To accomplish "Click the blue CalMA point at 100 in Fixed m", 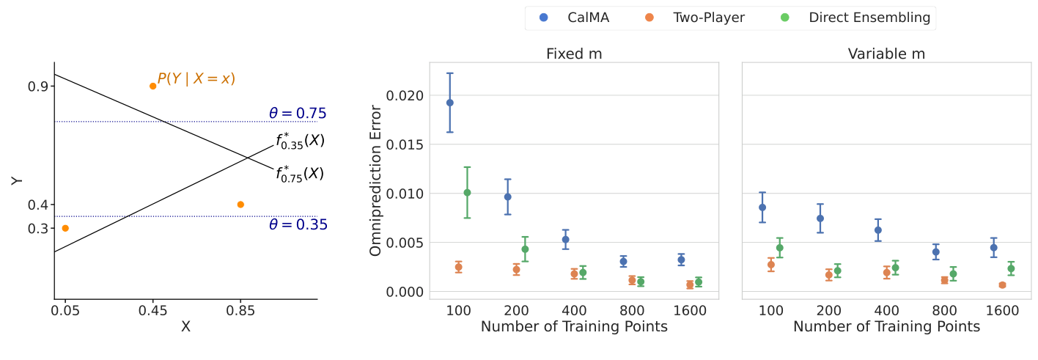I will click(450, 103).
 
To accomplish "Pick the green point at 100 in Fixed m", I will click(467, 193).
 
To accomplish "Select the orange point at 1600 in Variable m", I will click(1002, 285).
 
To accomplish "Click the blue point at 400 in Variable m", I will click(878, 230).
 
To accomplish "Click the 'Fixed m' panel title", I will click(574, 54).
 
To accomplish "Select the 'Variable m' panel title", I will click(886, 54).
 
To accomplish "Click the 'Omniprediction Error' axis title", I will click(376, 180).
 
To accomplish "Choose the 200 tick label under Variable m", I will click(828, 311).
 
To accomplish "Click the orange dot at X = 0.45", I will click(152, 86).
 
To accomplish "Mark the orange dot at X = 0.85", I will click(240, 205).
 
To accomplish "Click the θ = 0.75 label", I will click(297, 114).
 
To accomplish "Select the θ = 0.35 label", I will click(298, 225).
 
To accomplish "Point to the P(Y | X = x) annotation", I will click(196, 78).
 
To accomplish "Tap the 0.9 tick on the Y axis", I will click(38, 87).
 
